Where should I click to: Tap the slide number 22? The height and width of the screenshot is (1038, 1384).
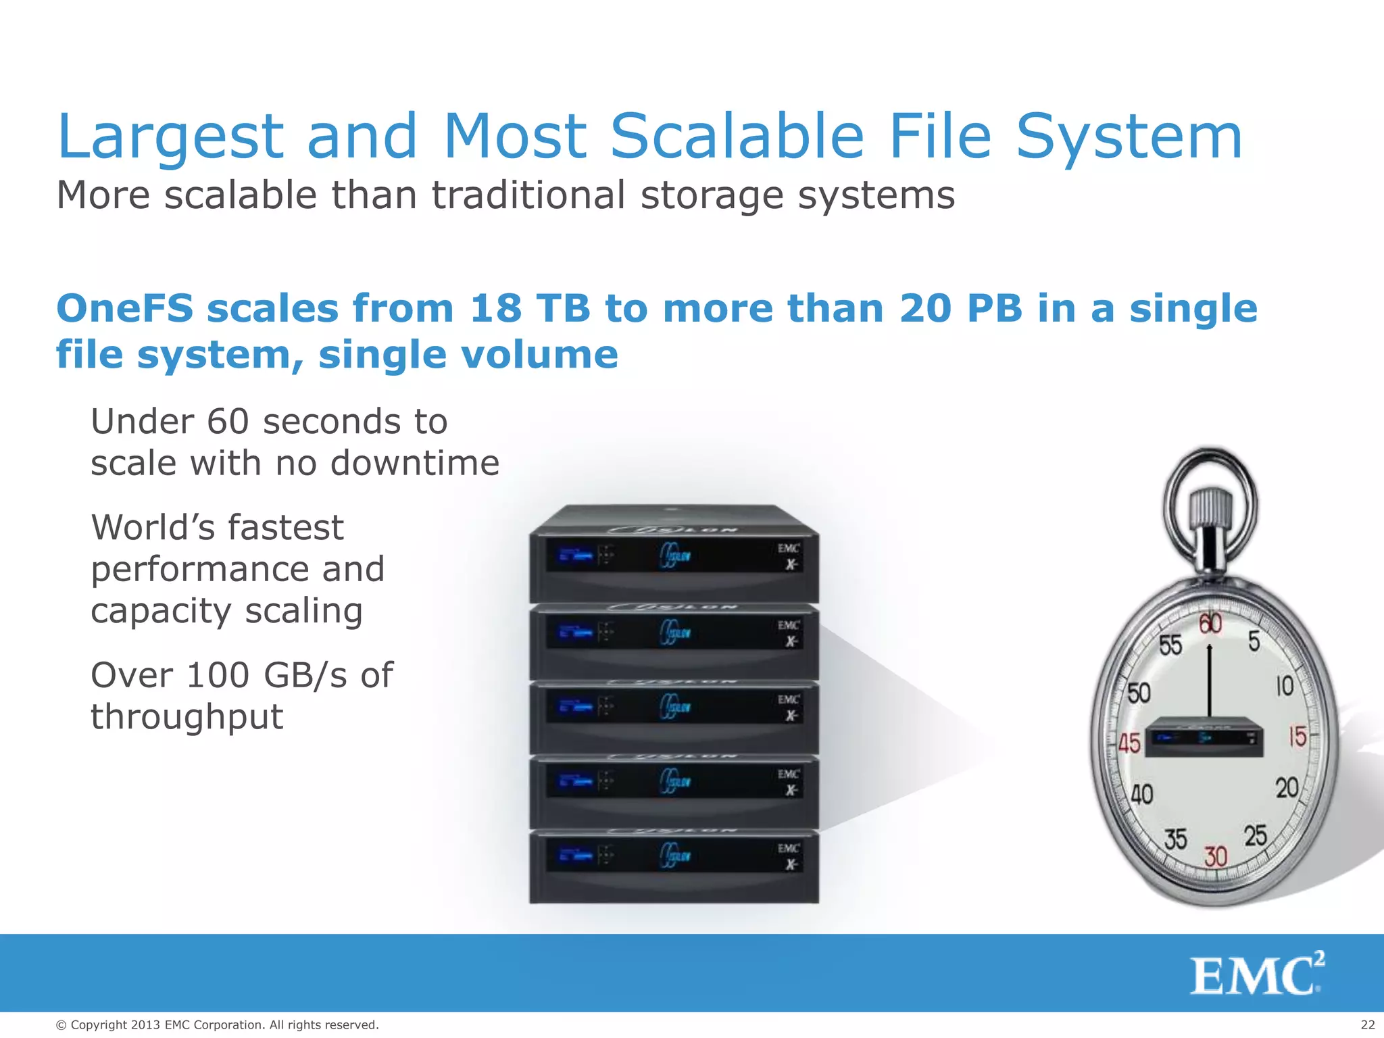pos(1367,1025)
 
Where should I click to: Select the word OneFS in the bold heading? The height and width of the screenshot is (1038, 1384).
pos(125,308)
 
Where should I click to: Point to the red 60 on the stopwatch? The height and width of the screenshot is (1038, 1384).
pos(1210,624)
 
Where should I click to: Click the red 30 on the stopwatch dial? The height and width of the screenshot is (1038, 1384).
pos(1215,857)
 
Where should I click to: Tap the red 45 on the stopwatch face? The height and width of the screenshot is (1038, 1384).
pos(1129,743)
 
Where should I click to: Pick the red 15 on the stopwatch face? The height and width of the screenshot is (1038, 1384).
pos(1297,736)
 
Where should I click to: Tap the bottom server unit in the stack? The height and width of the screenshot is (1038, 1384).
pos(674,866)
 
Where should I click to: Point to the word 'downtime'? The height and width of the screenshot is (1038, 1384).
pos(414,464)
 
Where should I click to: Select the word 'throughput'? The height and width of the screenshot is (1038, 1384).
pos(187,718)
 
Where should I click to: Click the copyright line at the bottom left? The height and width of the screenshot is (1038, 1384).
pos(217,1025)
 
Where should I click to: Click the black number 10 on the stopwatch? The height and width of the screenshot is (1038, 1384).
pos(1284,687)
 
